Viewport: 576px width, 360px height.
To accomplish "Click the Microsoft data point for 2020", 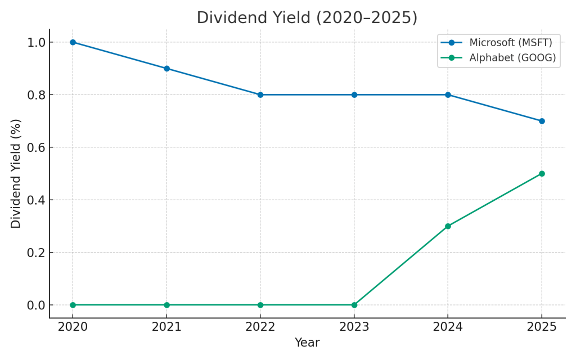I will point(73,42).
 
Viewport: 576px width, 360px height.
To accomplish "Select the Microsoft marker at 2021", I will point(166,69).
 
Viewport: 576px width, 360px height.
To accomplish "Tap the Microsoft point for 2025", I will point(542,121).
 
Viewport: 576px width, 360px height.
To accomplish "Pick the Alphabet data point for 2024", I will point(448,226).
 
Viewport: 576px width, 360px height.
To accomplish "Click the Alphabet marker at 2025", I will point(542,174).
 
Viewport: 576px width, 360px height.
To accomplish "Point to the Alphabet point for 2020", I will point(73,305).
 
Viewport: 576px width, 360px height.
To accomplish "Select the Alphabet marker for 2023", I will point(354,305).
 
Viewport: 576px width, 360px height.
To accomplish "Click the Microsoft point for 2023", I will point(354,94).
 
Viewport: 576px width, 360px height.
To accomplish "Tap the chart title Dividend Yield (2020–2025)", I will point(307,18).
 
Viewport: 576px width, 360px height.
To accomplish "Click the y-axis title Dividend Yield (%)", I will point(16,173).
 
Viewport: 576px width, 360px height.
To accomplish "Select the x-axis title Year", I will point(307,343).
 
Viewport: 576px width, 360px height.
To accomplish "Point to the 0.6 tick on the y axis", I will point(37,147).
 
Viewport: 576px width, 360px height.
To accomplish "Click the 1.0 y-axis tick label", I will point(37,42).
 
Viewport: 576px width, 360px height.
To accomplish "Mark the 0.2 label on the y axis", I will point(37,253).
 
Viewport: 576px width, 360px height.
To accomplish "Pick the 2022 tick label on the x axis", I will point(260,327).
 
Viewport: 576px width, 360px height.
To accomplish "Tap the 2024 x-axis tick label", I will point(448,327).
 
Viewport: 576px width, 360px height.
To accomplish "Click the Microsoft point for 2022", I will point(260,94).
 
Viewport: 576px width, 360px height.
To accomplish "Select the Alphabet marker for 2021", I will point(166,305).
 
